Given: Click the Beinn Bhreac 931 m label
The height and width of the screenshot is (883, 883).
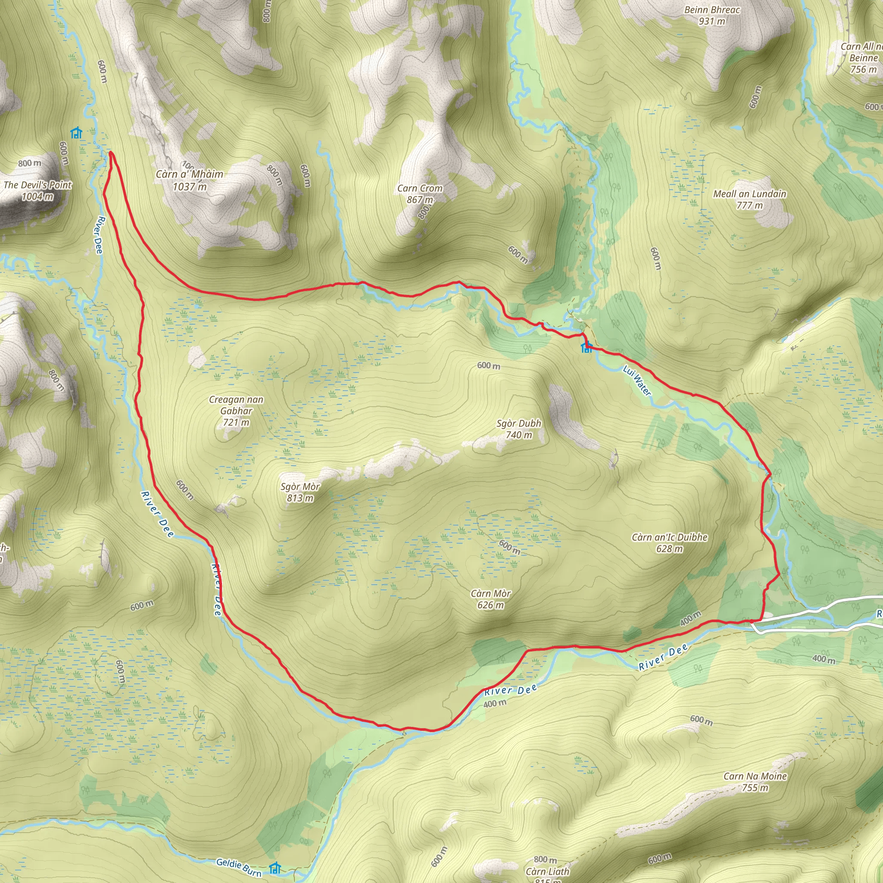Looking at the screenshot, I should (712, 16).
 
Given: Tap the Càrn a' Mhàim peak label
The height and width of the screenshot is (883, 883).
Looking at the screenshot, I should (189, 180).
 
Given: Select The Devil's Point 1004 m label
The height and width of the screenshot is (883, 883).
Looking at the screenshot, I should (38, 191).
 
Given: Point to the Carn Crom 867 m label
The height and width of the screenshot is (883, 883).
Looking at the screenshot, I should (420, 194).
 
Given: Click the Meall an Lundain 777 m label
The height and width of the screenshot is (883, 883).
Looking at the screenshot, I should (749, 199).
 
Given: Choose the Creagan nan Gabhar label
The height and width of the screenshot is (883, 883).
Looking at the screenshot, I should (236, 410).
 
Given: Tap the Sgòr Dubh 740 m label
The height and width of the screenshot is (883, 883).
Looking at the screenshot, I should (519, 429).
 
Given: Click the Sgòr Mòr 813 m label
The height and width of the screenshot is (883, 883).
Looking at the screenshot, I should (300, 492).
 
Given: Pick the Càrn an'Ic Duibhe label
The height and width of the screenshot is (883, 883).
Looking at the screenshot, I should (670, 542).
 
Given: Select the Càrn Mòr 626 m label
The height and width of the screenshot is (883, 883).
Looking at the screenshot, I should (491, 599).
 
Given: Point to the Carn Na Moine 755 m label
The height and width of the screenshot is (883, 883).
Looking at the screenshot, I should (755, 782).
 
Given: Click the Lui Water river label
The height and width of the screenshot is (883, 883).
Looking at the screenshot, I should (637, 380).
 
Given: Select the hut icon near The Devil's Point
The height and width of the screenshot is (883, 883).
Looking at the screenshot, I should (76, 132).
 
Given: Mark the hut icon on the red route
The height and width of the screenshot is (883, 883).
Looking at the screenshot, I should (586, 348).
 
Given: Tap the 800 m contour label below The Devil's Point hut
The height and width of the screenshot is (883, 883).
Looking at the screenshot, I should (30, 163).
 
